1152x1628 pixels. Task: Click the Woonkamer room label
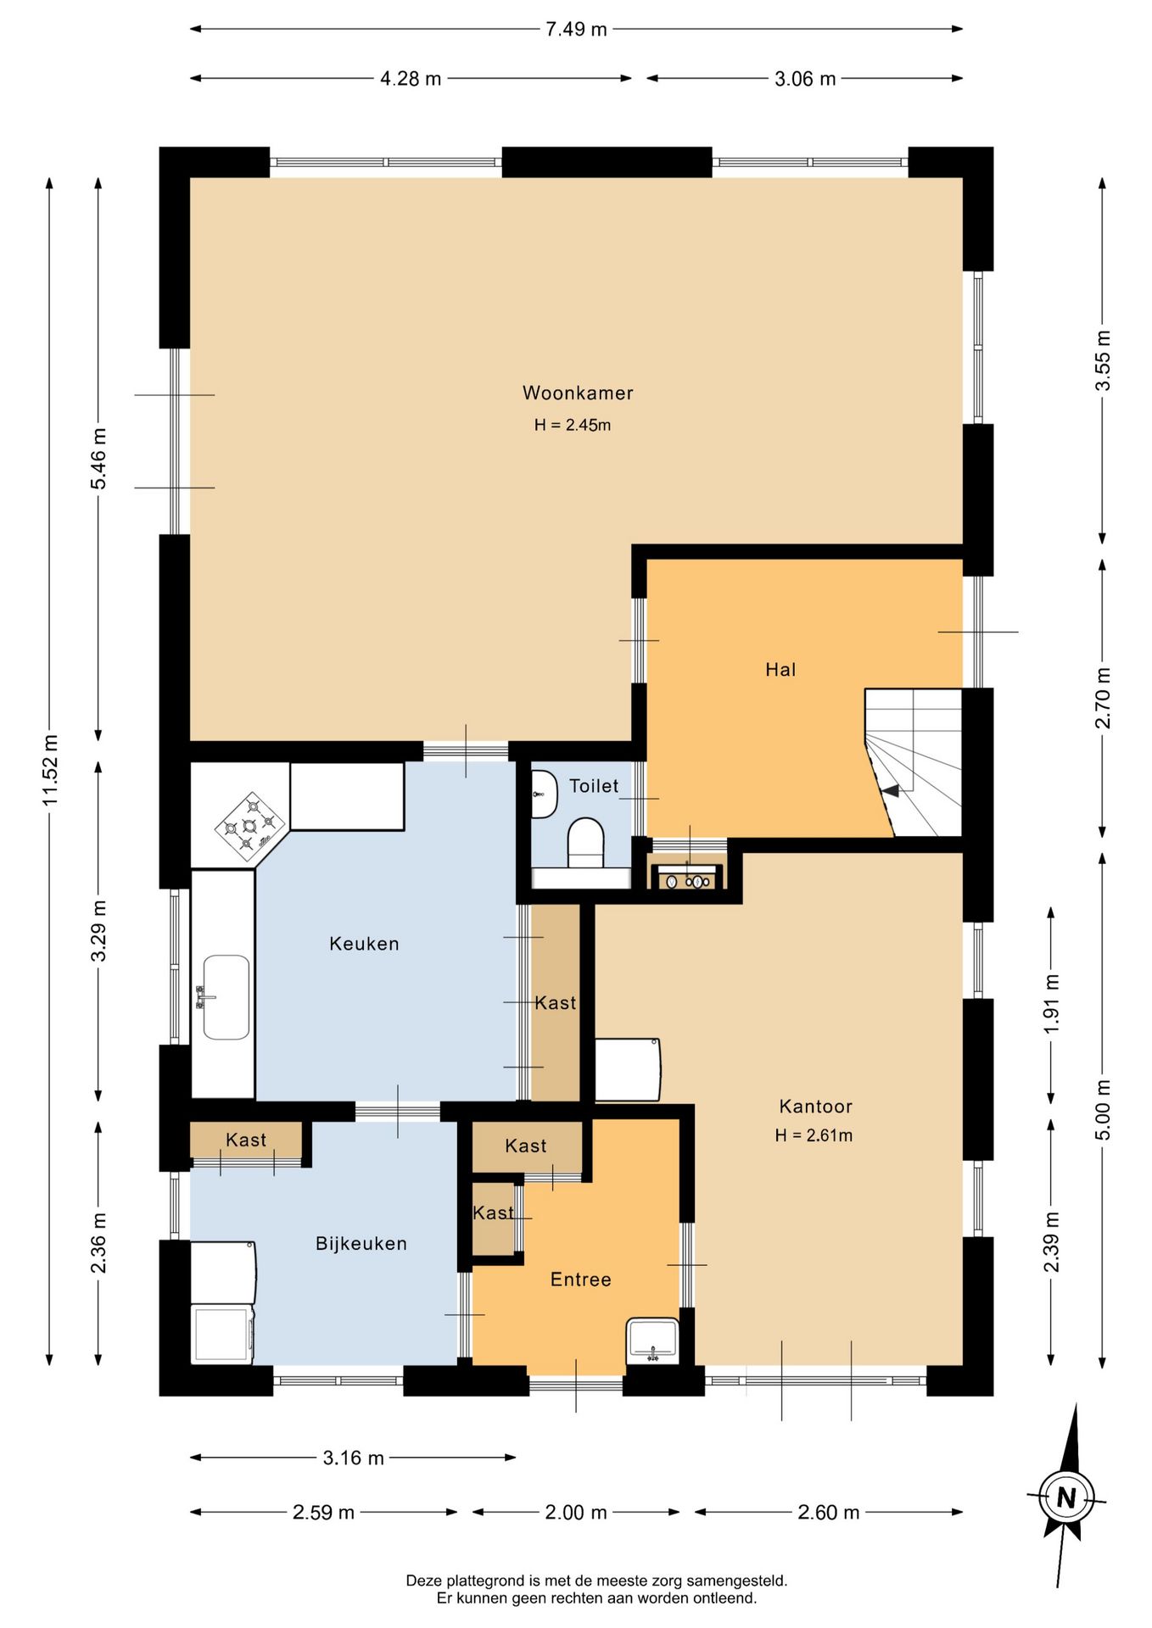click(x=578, y=393)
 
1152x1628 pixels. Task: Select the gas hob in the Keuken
click(x=249, y=821)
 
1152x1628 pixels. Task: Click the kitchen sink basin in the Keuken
click(x=226, y=997)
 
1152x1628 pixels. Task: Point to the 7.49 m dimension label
click(x=576, y=29)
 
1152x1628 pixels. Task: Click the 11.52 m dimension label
click(x=51, y=771)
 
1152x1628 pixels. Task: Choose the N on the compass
click(x=1066, y=1498)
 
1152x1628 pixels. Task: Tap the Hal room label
click(x=780, y=670)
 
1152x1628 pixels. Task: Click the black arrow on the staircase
click(x=890, y=790)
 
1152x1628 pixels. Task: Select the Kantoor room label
click(x=815, y=1107)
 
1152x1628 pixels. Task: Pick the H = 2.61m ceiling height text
click(x=814, y=1135)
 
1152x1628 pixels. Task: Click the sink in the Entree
click(x=652, y=1341)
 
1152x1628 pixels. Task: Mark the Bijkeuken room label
click(x=361, y=1244)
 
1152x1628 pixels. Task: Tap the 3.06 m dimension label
click(x=805, y=79)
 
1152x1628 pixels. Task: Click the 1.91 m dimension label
click(x=1051, y=1003)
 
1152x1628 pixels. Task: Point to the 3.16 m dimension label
click(x=353, y=1458)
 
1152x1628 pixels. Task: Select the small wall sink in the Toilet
click(x=543, y=794)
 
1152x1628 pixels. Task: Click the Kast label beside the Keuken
click(x=556, y=1003)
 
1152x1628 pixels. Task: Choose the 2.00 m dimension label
click(x=576, y=1512)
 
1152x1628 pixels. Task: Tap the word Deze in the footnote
click(x=423, y=1581)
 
